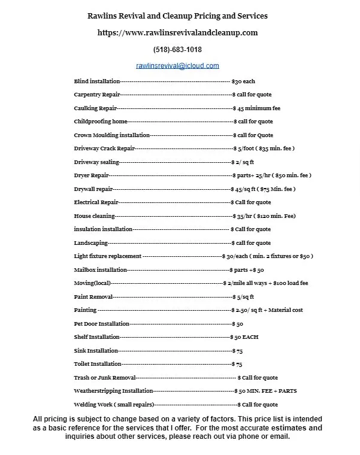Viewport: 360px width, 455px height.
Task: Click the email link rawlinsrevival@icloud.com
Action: [x=177, y=66]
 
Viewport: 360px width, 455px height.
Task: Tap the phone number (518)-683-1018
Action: [x=177, y=50]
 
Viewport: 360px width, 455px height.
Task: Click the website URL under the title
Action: [x=177, y=33]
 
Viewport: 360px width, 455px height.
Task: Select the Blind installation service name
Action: [x=96, y=81]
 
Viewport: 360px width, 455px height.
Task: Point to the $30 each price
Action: [x=243, y=81]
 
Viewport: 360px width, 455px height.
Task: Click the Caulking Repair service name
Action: [x=95, y=108]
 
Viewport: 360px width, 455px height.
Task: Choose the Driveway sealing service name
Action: [x=96, y=162]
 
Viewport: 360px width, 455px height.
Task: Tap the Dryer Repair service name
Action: [x=91, y=175]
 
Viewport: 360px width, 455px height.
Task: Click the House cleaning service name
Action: [x=93, y=216]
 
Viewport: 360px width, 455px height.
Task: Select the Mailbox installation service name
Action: [x=101, y=270]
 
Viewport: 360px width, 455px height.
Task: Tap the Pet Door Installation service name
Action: [x=101, y=324]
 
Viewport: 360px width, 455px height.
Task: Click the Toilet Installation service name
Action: [x=98, y=364]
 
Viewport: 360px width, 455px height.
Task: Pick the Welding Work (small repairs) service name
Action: [x=114, y=405]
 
